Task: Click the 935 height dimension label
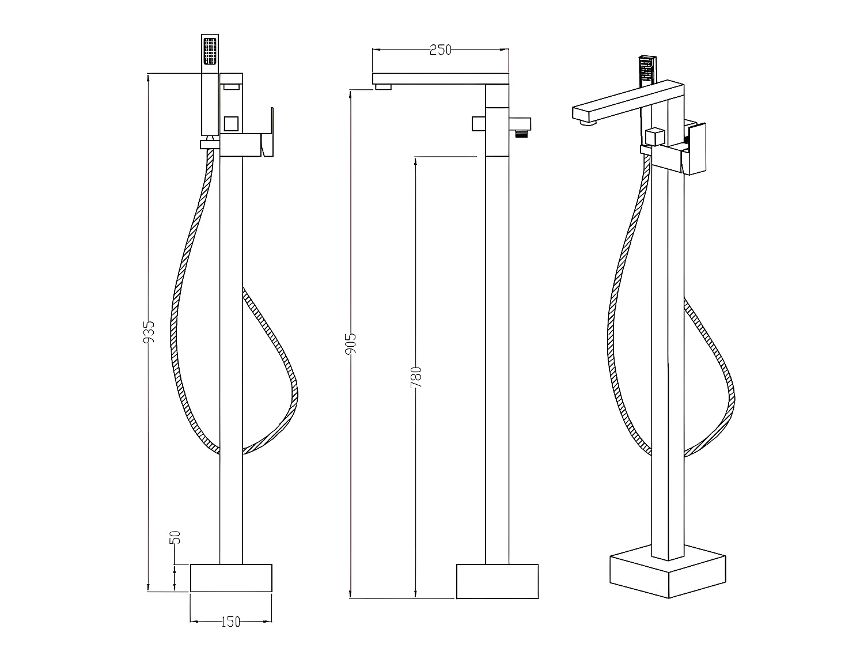[x=149, y=332]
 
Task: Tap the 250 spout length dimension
[x=441, y=50]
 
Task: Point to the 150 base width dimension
[x=230, y=622]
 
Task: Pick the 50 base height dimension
[x=176, y=537]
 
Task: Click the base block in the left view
[x=230, y=577]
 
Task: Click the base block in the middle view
[x=497, y=581]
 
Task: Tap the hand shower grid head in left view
[x=210, y=50]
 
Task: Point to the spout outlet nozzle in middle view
[x=383, y=87]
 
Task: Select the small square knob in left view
[x=231, y=123]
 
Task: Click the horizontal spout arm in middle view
[x=441, y=78]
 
